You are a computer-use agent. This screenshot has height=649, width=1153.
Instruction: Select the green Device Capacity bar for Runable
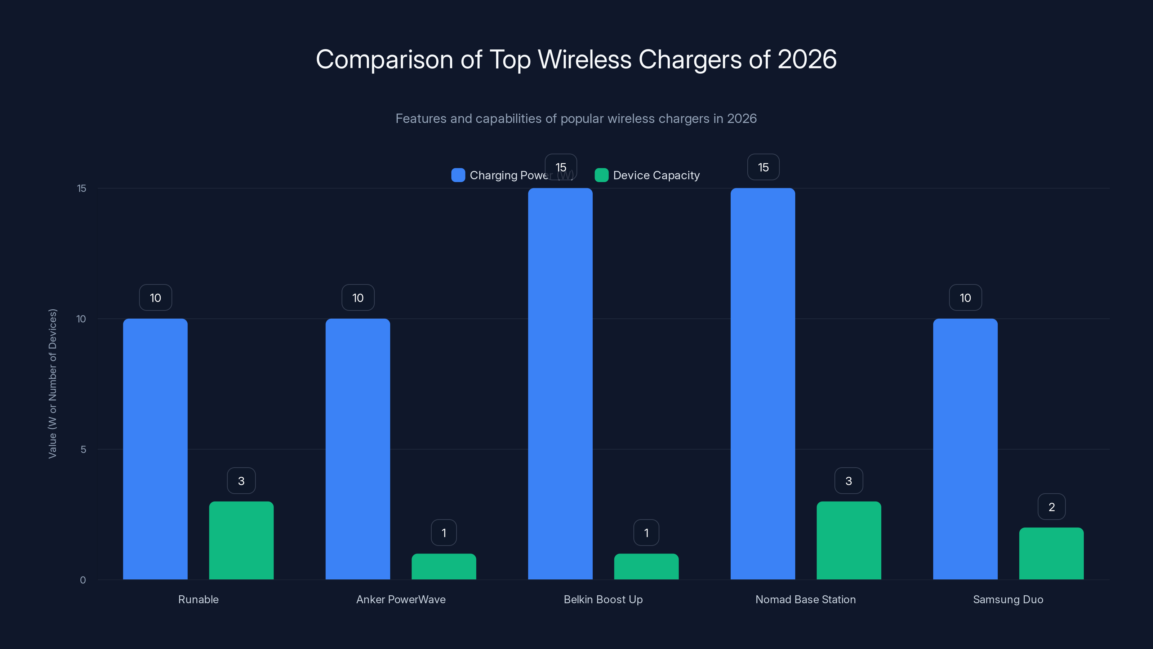coord(241,540)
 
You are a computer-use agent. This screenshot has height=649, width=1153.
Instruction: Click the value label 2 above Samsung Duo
coord(1051,507)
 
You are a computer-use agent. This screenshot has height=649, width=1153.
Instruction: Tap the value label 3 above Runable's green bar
coord(241,481)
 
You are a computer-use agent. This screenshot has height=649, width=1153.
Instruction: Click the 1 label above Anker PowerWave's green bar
coord(444,533)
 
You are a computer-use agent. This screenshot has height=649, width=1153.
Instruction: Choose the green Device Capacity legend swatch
coord(601,175)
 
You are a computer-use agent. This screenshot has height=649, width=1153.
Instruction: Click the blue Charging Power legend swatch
coord(458,175)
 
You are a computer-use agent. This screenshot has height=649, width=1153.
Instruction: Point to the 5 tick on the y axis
coord(83,449)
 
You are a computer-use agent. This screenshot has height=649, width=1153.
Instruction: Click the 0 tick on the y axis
coord(83,580)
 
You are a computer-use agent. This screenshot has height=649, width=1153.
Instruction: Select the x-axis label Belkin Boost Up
coord(603,599)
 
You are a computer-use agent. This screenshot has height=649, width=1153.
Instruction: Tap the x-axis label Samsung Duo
coord(1008,599)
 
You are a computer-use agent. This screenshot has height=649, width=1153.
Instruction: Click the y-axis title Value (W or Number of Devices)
coord(52,383)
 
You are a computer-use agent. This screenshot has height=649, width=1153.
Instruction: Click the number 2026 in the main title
coord(807,59)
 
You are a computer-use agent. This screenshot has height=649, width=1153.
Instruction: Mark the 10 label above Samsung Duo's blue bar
coord(965,298)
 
